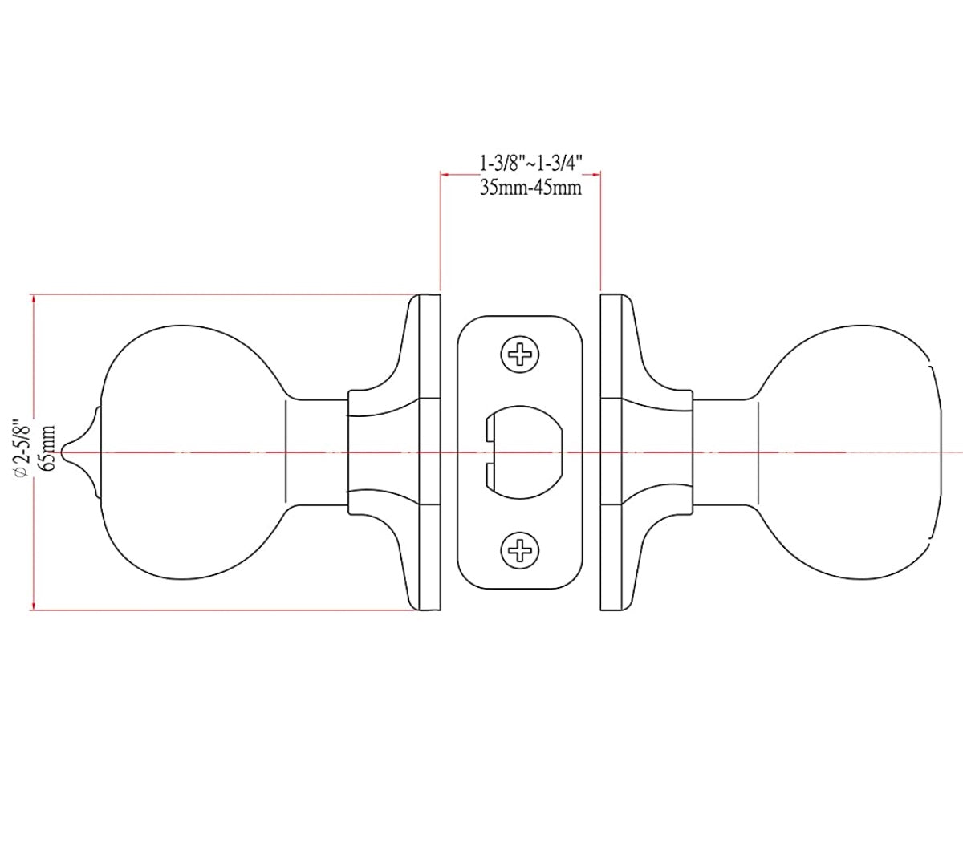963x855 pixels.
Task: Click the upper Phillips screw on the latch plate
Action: click(x=520, y=353)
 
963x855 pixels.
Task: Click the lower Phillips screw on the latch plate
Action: click(x=520, y=550)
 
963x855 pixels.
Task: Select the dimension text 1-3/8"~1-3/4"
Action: click(x=529, y=164)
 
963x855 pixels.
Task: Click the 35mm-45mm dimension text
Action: click(x=529, y=188)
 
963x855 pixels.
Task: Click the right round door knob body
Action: click(x=851, y=452)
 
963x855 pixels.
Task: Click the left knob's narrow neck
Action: click(x=316, y=452)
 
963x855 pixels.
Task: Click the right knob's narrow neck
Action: click(x=725, y=452)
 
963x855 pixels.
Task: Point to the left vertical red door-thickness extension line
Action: click(x=441, y=233)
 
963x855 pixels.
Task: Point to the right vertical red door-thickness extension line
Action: click(x=601, y=233)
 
